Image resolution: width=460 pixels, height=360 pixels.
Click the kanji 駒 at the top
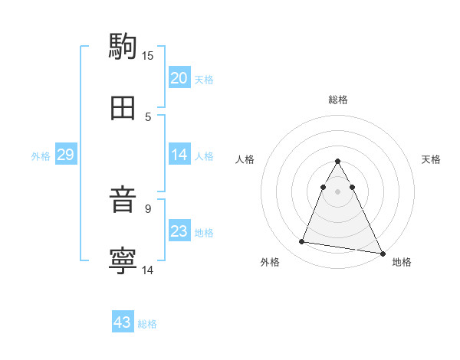[123, 45]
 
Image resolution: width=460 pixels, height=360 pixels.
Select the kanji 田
[123, 109]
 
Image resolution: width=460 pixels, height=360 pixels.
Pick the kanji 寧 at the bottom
[123, 261]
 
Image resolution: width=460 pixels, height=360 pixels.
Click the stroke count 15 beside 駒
[148, 55]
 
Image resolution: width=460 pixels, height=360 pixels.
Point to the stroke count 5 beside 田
[148, 116]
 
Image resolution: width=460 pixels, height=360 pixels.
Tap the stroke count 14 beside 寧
[148, 270]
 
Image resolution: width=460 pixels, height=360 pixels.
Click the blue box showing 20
[179, 78]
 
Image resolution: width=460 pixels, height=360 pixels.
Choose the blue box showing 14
[179, 155]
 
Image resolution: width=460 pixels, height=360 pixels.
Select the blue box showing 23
[179, 231]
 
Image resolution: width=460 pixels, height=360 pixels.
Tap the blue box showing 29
[65, 155]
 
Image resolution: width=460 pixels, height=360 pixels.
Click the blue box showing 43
[123, 322]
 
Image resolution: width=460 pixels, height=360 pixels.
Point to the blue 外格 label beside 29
[41, 155]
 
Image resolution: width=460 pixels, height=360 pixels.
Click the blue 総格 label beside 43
[147, 323]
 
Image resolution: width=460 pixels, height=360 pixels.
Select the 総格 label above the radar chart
[338, 100]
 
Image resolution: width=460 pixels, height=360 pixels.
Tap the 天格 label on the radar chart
[431, 159]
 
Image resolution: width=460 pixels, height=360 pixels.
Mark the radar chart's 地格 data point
[383, 253]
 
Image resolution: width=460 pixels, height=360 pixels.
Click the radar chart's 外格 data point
[301, 242]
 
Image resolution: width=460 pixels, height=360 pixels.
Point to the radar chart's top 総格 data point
[337, 162]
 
